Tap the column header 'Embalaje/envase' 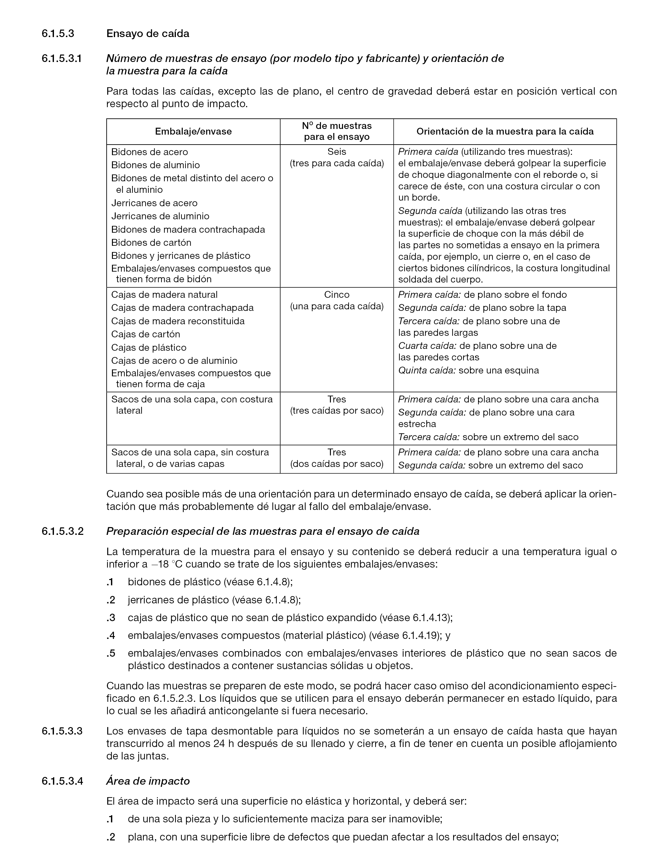[x=193, y=131]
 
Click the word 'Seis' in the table [x=336, y=152]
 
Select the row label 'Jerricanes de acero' [x=154, y=203]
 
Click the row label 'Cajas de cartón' [x=146, y=334]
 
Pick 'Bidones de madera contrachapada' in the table [x=188, y=230]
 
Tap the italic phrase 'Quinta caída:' [x=427, y=371]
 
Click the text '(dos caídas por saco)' [x=336, y=464]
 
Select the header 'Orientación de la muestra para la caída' [x=505, y=131]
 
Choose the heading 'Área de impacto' [x=148, y=781]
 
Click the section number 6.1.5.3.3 [x=62, y=731]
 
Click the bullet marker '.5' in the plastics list [x=111, y=653]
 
